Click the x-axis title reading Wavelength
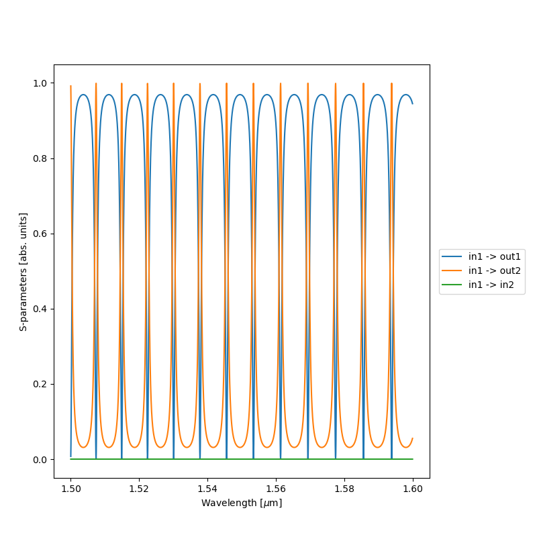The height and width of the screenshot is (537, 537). pyautogui.click(x=242, y=503)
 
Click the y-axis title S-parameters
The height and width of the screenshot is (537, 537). pyautogui.click(x=23, y=272)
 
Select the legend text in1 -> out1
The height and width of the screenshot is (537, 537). pyautogui.click(x=495, y=256)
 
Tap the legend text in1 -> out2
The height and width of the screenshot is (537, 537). pyautogui.click(x=495, y=271)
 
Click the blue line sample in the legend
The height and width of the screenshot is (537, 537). pyautogui.click(x=453, y=256)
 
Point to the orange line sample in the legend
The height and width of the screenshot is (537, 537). pyautogui.click(x=453, y=271)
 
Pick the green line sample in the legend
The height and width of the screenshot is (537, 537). pyautogui.click(x=453, y=285)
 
